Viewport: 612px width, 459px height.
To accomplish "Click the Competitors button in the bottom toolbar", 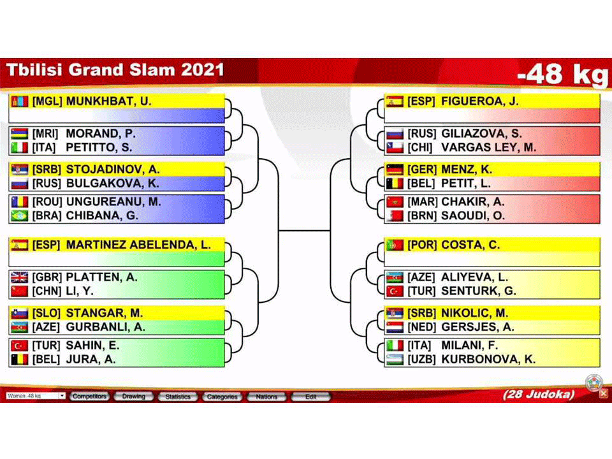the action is (x=89, y=397).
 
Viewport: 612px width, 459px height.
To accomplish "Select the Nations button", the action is (x=266, y=397).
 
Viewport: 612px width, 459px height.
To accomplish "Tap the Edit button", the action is (x=310, y=397).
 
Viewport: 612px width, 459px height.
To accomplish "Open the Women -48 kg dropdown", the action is (x=35, y=396).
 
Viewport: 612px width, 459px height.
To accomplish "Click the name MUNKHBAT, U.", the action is (x=108, y=101).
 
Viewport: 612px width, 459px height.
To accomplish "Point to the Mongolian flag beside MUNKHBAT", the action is (x=20, y=101).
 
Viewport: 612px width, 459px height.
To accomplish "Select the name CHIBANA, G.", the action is (x=102, y=215).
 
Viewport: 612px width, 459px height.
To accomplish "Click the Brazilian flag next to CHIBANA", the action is (x=20, y=215).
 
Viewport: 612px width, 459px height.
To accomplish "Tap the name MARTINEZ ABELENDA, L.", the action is (x=138, y=245).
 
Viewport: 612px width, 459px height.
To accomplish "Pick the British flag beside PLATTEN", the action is (x=20, y=277).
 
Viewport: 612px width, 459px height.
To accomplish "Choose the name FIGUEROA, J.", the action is (x=479, y=101).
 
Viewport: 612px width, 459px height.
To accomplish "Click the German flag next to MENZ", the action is (x=395, y=170).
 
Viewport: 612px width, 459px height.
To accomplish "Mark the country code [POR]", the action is (x=421, y=245).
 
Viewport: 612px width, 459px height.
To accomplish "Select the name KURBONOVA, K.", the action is (x=488, y=359).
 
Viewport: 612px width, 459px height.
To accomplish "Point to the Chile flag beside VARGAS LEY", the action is (x=395, y=147).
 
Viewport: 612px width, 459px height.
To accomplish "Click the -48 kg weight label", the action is (x=562, y=74).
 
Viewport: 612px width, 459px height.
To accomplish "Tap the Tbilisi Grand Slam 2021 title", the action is (x=115, y=70).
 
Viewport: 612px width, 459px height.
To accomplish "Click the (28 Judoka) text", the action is (x=539, y=394).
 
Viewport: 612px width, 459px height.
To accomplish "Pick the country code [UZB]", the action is (x=421, y=359).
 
